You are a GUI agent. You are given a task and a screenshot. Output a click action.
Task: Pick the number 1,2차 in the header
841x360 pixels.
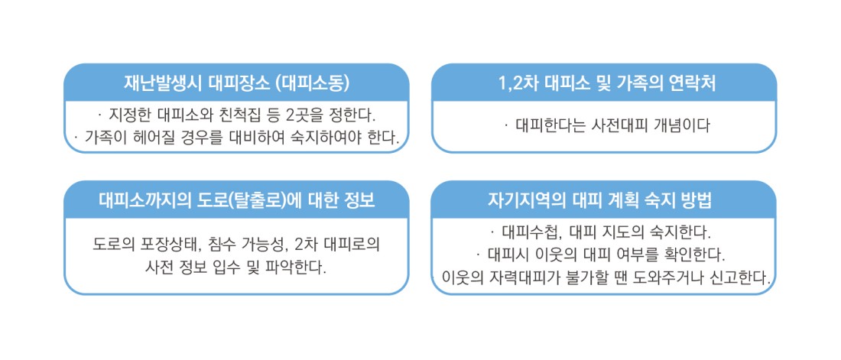(519, 83)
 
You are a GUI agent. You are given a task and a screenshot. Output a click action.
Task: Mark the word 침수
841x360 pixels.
(210, 245)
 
